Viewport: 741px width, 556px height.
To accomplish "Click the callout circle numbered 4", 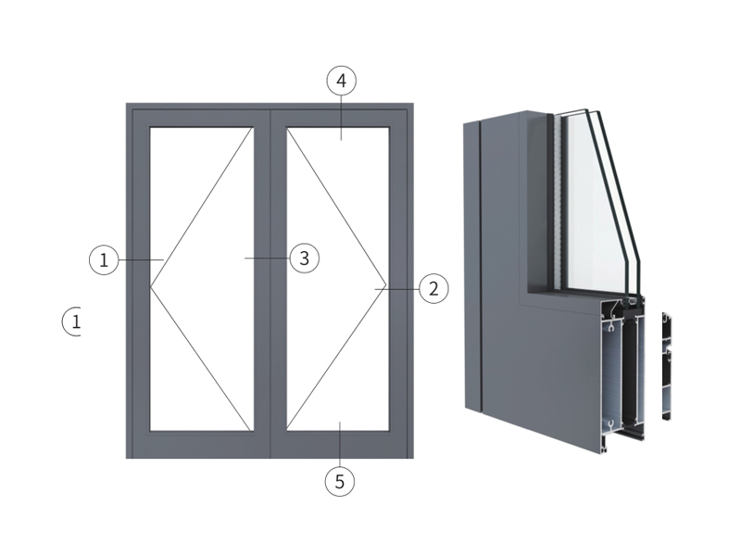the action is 341,81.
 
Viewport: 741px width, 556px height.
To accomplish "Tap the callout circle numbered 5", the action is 340,481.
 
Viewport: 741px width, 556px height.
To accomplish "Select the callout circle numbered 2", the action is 433,288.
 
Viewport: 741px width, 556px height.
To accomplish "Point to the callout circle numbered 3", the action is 305,259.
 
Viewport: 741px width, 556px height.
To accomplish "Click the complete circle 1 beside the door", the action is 104,260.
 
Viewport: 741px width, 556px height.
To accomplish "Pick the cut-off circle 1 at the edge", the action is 72,322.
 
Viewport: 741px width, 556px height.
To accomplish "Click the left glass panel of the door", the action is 202,279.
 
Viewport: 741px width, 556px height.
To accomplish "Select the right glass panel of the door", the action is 337,279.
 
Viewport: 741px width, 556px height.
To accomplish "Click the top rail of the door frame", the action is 270,115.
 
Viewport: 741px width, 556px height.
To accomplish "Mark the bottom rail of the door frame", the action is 270,445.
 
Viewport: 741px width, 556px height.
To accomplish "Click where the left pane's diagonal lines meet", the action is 151,286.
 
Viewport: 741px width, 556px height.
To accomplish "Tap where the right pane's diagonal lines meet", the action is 386,285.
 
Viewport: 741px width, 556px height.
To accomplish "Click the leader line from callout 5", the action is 340,444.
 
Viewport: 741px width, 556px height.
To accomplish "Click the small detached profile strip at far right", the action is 667,366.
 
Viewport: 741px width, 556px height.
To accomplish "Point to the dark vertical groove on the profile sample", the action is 479,265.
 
